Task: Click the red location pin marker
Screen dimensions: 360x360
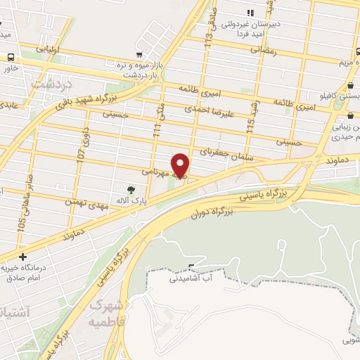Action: [181, 165]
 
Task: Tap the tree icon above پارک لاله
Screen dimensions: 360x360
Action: [130, 189]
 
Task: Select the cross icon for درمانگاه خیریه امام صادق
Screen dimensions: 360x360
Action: [24, 257]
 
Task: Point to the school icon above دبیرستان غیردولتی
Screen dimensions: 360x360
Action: [250, 12]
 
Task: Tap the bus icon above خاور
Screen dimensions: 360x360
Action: [11, 57]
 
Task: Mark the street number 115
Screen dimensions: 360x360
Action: [250, 125]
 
